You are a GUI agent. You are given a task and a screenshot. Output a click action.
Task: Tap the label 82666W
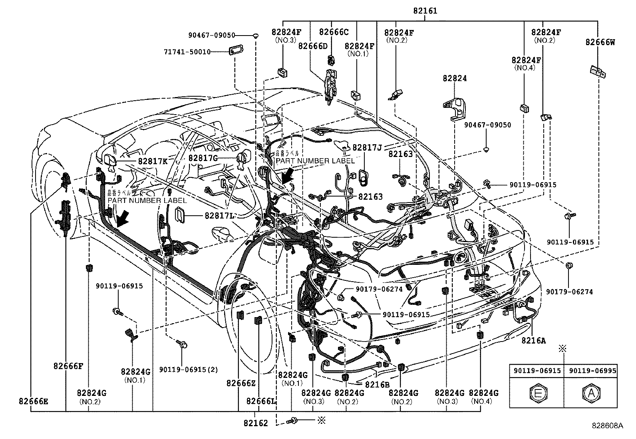point(600,42)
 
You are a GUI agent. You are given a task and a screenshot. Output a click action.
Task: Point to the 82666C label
point(334,32)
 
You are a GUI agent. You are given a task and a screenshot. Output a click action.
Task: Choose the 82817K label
point(153,161)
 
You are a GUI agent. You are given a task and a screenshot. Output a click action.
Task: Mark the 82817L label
point(219,216)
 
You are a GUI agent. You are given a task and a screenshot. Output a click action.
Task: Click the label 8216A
point(533,340)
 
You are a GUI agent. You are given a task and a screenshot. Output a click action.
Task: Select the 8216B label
point(377,384)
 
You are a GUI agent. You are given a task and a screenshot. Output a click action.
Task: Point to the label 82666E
point(33,401)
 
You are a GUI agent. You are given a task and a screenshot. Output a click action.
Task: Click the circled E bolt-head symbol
point(537,393)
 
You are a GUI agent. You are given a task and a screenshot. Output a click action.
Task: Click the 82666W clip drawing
point(597,72)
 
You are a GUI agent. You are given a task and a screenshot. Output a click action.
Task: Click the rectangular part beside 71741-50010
point(236,52)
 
